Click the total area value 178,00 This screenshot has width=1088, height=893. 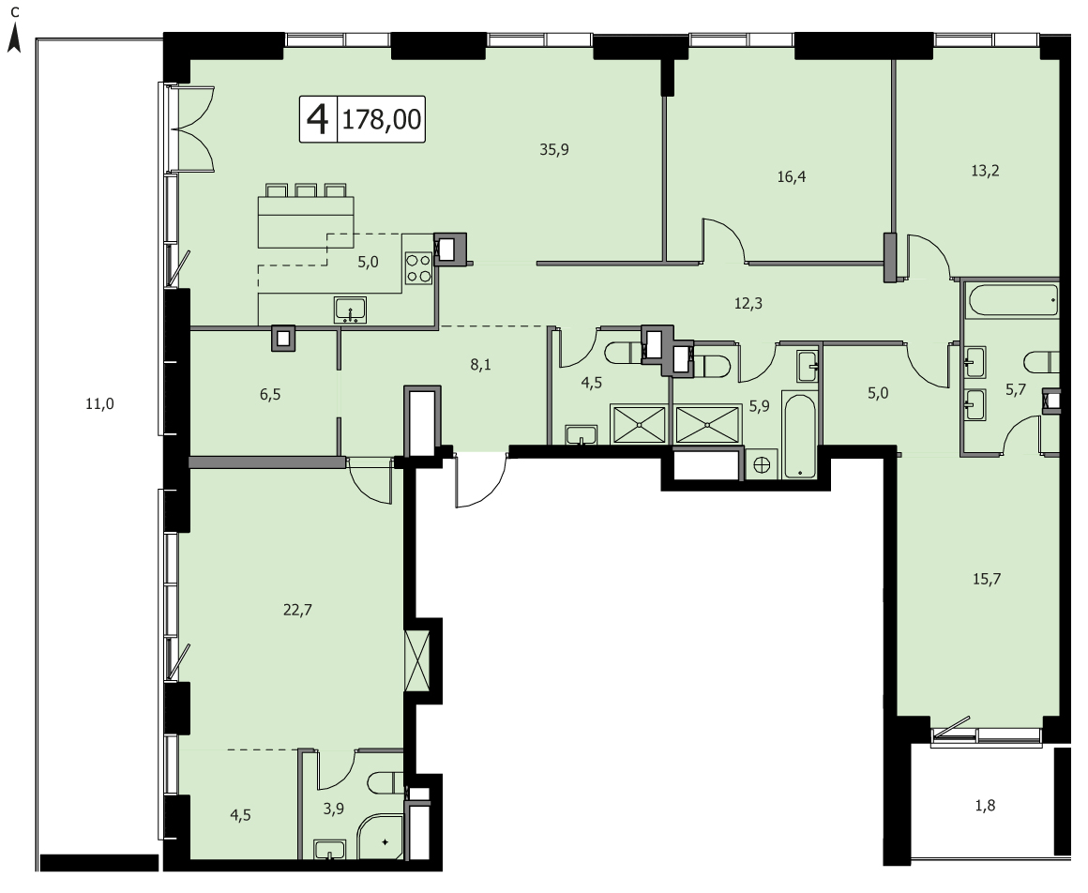[382, 119]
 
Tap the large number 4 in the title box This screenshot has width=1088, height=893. [318, 119]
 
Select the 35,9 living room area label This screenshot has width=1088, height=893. [554, 149]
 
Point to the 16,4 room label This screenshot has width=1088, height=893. [791, 177]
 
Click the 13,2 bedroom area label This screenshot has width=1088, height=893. [985, 171]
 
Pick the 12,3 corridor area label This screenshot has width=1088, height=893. [748, 303]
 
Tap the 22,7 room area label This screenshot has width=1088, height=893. [297, 610]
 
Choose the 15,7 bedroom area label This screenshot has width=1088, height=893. [986, 580]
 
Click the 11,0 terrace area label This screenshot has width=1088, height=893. [99, 404]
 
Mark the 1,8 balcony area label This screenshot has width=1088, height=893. [986, 806]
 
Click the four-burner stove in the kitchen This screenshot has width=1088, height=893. [418, 268]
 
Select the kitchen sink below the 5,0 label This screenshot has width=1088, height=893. [351, 310]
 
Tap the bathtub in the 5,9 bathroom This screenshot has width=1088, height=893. [801, 436]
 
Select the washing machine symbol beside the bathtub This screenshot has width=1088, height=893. [762, 464]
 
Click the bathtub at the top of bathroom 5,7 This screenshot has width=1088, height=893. [1013, 300]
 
